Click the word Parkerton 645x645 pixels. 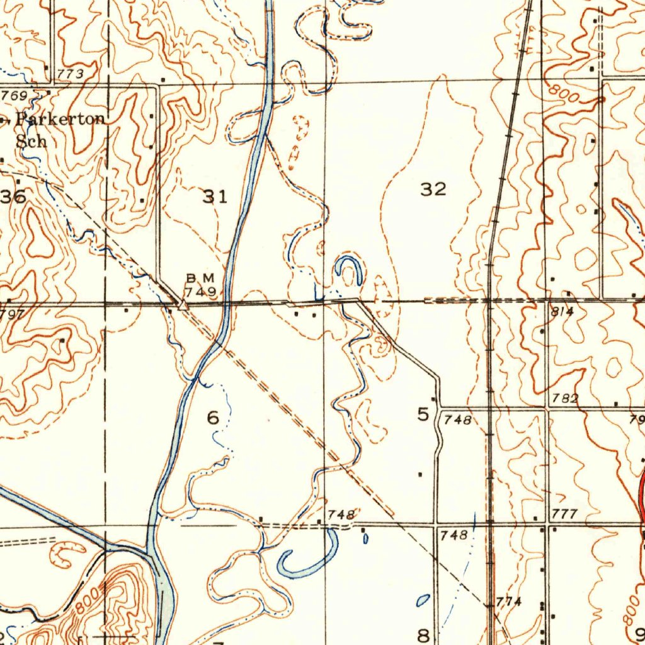point(61,120)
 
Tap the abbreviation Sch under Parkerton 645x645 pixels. point(31,140)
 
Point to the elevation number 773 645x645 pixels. point(70,74)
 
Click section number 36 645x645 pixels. point(13,197)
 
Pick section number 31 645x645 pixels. point(215,197)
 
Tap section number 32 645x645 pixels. point(433,188)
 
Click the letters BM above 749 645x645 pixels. point(200,278)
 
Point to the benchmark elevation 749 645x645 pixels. point(200,292)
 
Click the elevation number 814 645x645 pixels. point(562,311)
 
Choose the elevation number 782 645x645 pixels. point(564,398)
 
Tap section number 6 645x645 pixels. point(213,417)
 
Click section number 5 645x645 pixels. point(423,414)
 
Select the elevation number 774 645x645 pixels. point(509,601)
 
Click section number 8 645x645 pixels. point(423,634)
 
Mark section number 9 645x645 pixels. point(640,632)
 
